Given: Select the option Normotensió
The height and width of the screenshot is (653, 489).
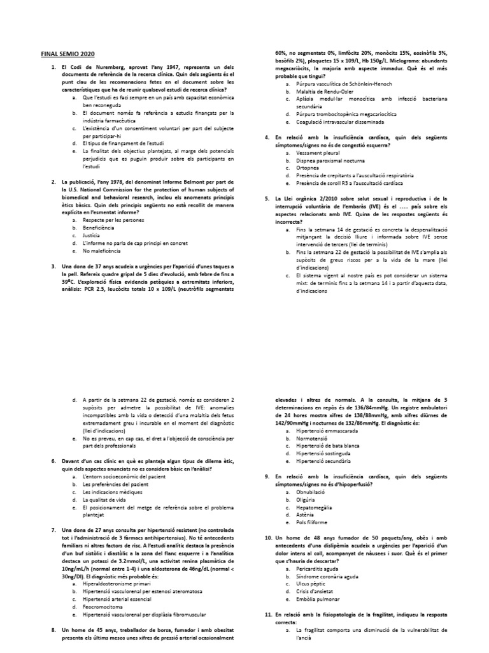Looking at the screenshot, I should (x=316, y=438).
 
